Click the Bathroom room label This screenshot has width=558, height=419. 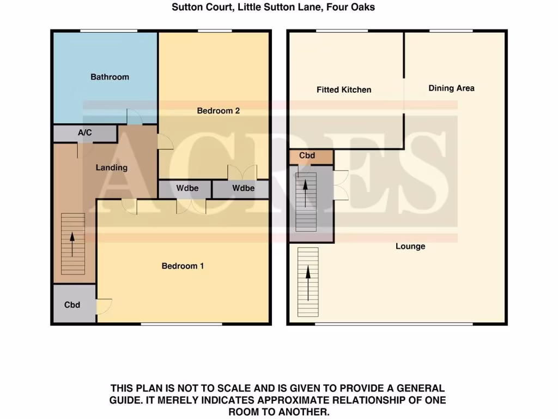point(110,77)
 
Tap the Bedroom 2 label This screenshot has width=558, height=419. point(219,111)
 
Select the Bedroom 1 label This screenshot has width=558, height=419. point(183,266)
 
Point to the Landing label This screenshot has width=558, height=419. point(112,167)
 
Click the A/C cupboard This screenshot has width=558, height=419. point(84,133)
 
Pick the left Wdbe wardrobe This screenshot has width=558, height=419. point(186,188)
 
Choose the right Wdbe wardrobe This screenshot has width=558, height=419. point(243,188)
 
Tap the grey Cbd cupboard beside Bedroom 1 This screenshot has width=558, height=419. point(72,304)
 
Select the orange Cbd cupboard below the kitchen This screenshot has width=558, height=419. point(307,155)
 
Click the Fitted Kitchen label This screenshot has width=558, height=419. point(344,89)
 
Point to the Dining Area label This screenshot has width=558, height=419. point(451,88)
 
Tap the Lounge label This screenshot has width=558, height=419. point(410,247)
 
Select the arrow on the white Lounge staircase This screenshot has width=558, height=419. point(308,282)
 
